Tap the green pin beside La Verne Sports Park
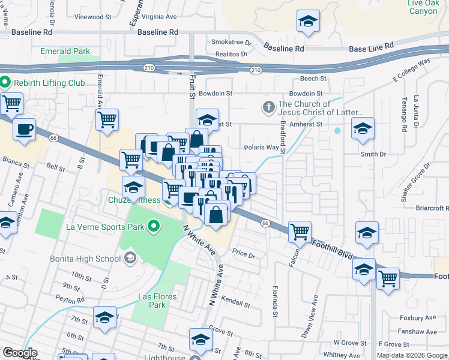click(154, 227)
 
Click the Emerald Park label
click(65, 52)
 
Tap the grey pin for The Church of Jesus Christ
click(268, 108)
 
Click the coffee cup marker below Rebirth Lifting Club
click(24, 129)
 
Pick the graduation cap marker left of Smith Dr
click(363, 129)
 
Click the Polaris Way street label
click(261, 147)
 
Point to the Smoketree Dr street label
click(231, 43)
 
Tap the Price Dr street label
click(244, 254)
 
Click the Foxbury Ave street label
click(420, 318)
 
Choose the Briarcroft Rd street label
click(432, 209)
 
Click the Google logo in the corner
click(20, 353)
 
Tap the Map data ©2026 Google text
click(412, 355)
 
